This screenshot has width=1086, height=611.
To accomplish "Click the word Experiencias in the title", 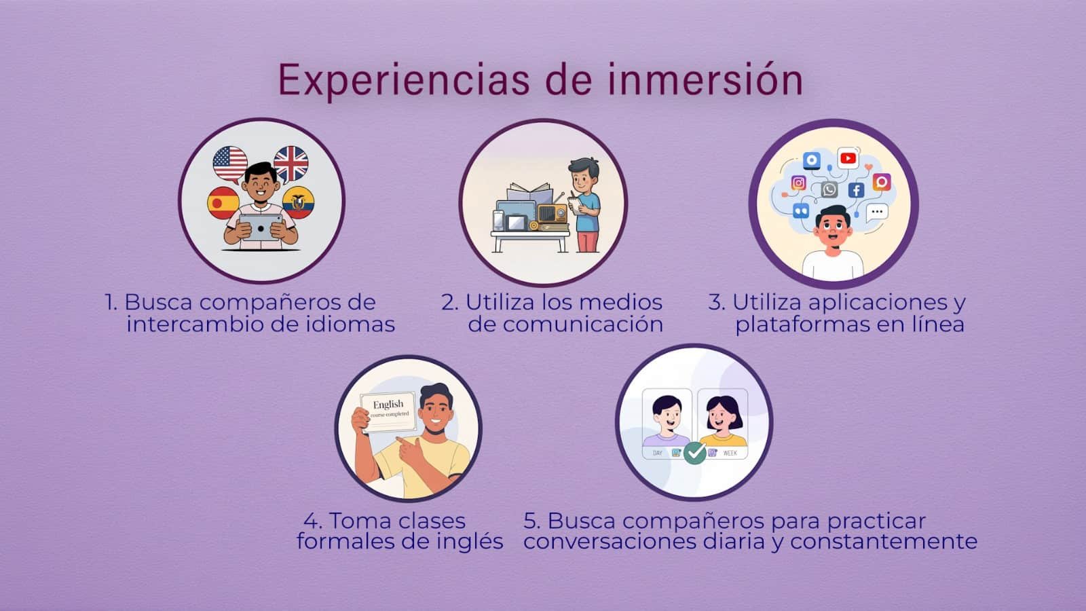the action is (x=404, y=81).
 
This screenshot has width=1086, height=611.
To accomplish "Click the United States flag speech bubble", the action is (x=230, y=164).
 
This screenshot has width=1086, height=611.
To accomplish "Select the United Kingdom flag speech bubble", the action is (x=291, y=164).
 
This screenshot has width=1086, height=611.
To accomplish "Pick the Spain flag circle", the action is (x=223, y=203).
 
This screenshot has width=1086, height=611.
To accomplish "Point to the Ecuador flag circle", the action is (x=298, y=202).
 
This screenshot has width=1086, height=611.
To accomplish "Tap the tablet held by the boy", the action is (x=261, y=227).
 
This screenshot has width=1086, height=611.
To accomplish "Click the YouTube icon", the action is (x=848, y=158).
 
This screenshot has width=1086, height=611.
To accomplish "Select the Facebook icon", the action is (x=856, y=190).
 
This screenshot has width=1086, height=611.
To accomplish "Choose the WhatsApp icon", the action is (x=829, y=189).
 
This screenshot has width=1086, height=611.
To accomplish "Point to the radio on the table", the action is (x=553, y=213).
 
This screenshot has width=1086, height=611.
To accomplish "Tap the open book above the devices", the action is (x=530, y=190).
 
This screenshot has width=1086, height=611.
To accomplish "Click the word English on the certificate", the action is (x=388, y=404).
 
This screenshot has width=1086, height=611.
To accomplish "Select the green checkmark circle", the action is (x=695, y=453).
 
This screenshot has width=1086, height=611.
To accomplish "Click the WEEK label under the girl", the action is (x=730, y=453).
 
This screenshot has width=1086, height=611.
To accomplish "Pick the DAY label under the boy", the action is (x=658, y=453).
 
